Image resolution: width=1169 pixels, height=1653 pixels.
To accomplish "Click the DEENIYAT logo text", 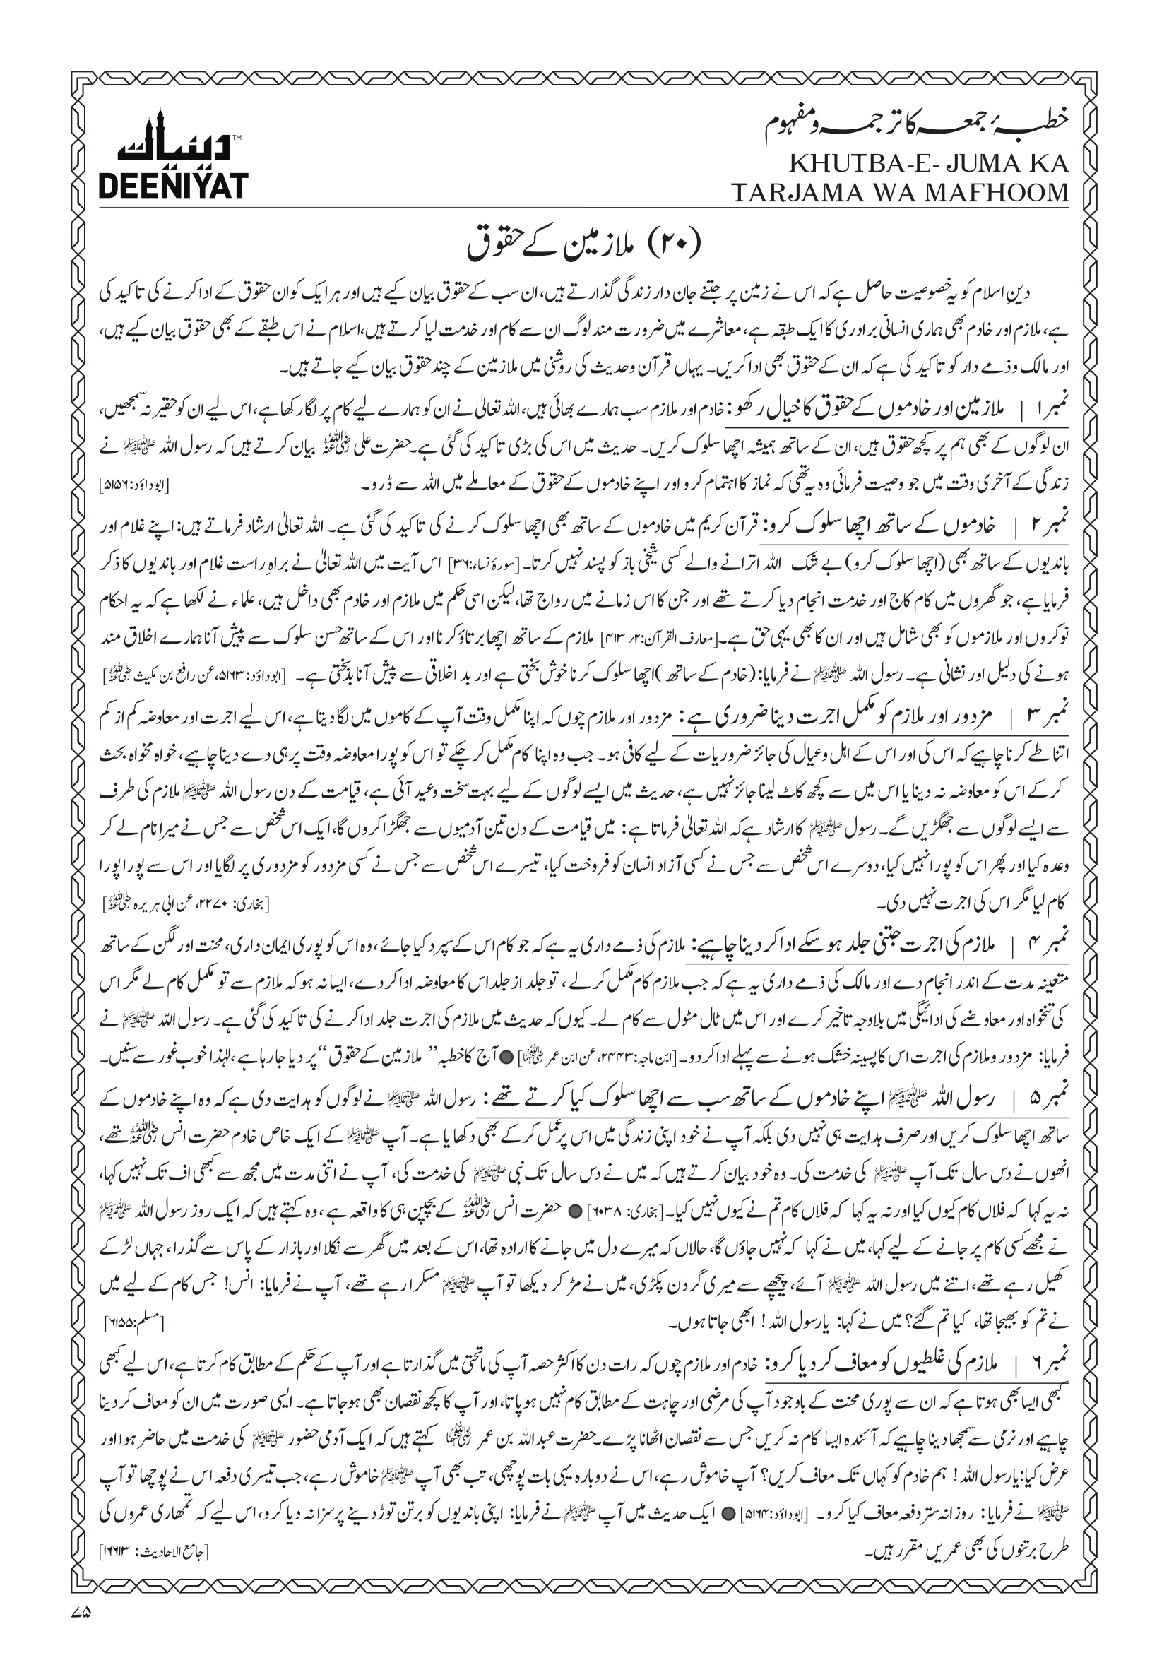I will click(173, 185).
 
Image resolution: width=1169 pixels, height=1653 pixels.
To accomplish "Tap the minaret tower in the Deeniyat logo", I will click(160, 134).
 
